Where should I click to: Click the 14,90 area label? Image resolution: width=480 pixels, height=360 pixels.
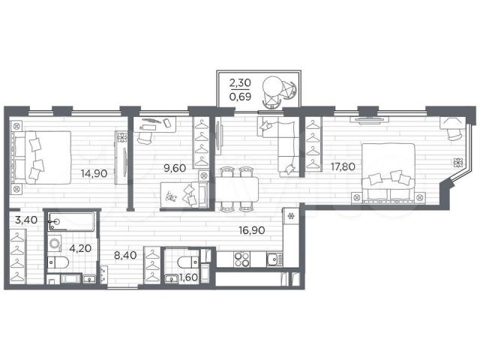coord(94,173)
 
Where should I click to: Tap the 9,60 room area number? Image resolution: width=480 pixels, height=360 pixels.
coord(175,168)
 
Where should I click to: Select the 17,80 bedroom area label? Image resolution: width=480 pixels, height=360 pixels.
coord(343,166)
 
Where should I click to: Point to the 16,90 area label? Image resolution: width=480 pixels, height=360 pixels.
coord(252,230)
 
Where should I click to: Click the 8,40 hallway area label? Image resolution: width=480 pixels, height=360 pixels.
coord(125,255)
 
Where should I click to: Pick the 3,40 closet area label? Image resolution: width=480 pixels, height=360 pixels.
coord(26,220)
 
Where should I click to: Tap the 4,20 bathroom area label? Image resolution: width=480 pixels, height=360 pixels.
coord(80,248)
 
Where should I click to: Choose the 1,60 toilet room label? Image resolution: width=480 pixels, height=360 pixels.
coord(188,277)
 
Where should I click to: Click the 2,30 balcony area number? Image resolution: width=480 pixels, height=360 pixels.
coord(240,82)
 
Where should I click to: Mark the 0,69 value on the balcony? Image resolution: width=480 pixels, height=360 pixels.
coord(240,97)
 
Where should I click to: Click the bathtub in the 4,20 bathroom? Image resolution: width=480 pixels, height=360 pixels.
coord(71,221)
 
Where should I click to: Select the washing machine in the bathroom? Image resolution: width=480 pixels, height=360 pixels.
coord(55,244)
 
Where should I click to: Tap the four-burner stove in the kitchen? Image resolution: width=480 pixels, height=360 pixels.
coord(241,259)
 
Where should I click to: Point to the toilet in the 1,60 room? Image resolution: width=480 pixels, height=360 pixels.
coord(188,262)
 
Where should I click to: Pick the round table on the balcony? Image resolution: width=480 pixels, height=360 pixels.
coord(272,87)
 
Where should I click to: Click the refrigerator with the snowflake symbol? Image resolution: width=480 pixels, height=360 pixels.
coord(291,216)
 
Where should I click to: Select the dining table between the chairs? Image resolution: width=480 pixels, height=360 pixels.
coord(237,189)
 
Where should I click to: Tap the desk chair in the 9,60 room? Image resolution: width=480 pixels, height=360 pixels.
coord(144,136)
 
